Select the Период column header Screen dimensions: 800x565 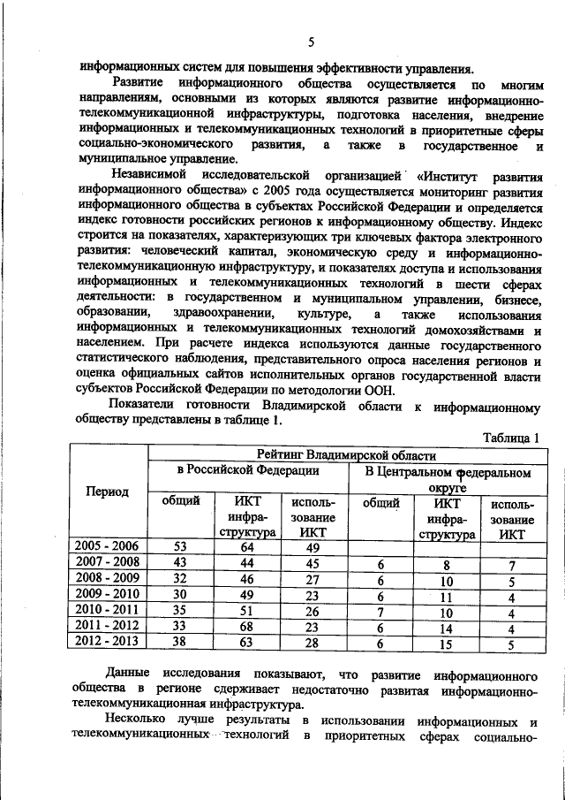[x=108, y=491]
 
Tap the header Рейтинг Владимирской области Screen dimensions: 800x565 [x=347, y=455]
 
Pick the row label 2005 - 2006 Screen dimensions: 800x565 [x=108, y=547]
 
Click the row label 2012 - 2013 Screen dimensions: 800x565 [x=108, y=643]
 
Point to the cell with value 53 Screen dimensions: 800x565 [x=180, y=547]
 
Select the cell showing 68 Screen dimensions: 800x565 [x=249, y=627]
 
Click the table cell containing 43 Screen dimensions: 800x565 [x=180, y=563]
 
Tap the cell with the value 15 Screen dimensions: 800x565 [x=447, y=643]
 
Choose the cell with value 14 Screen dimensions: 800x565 [x=447, y=627]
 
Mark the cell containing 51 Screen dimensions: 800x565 [x=249, y=611]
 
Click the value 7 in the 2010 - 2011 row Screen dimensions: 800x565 [x=381, y=611]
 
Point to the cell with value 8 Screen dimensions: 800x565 [x=447, y=563]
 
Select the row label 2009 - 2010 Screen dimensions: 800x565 [x=108, y=595]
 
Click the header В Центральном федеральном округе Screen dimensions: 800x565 [x=447, y=479]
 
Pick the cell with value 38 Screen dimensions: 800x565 [x=180, y=643]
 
